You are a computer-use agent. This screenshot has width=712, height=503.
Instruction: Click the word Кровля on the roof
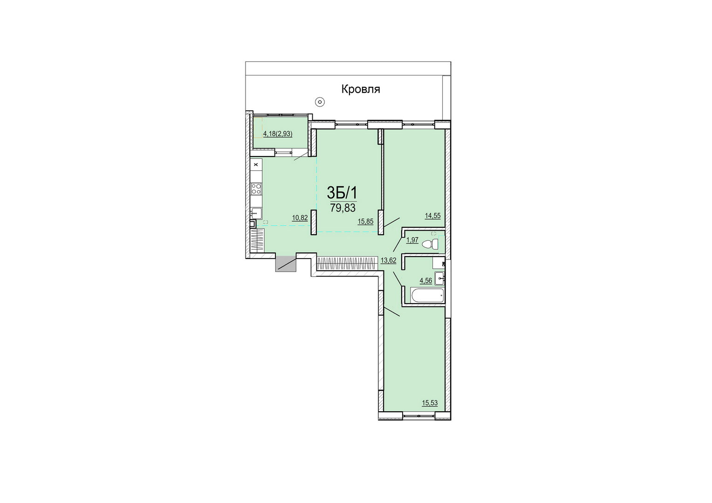(361, 89)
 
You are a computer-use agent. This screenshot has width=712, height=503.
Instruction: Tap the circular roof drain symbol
(320, 102)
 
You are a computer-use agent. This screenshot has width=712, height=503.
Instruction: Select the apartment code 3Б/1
(342, 193)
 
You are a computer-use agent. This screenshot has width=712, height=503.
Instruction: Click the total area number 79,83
(342, 208)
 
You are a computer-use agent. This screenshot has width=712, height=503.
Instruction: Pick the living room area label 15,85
(365, 222)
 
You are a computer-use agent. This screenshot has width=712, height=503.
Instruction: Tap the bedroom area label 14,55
(432, 216)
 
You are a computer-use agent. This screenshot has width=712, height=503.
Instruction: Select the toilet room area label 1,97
(412, 240)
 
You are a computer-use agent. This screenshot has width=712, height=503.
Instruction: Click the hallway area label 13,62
(389, 260)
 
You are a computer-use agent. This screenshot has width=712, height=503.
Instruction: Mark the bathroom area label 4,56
(426, 280)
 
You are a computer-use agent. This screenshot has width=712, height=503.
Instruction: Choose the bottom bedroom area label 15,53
(430, 403)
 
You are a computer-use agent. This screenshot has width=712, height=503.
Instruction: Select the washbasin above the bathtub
(440, 279)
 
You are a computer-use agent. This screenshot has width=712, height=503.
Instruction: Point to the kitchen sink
(256, 213)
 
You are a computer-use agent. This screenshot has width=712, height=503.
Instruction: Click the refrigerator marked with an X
(256, 164)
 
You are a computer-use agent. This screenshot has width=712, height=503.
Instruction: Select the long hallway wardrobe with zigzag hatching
(348, 263)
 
